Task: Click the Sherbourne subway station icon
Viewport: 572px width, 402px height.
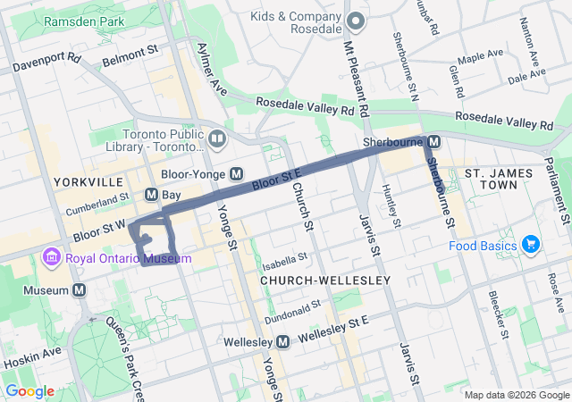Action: pyautogui.click(x=433, y=142)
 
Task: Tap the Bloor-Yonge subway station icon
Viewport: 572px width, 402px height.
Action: pyautogui.click(x=237, y=174)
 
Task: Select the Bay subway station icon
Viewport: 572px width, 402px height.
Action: pyautogui.click(x=151, y=194)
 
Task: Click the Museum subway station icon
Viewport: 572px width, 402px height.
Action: pyautogui.click(x=80, y=290)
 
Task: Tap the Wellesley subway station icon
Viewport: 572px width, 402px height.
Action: pyautogui.click(x=283, y=342)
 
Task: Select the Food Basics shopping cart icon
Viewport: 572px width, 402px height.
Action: pyautogui.click(x=531, y=245)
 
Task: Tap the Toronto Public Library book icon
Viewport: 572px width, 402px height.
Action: pyautogui.click(x=217, y=138)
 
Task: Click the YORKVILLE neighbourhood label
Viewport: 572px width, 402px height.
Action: pyautogui.click(x=88, y=182)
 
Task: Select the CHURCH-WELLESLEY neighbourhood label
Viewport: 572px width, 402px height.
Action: pyautogui.click(x=325, y=281)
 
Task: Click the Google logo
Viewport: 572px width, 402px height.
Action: pyautogui.click(x=29, y=391)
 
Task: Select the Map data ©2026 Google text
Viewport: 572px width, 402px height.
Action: pyautogui.click(x=515, y=395)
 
